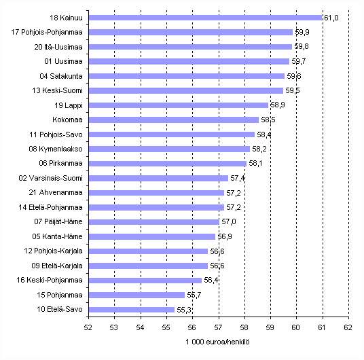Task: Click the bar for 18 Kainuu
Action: (x=205, y=18)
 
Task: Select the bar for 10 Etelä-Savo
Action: (x=131, y=310)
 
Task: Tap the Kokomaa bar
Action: (x=173, y=120)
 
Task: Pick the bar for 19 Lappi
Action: (x=179, y=105)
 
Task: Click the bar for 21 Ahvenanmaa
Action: (x=157, y=193)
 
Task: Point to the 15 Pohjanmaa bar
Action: (x=136, y=295)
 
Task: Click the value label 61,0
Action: (x=330, y=18)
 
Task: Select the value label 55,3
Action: (x=183, y=310)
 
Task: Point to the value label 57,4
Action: (x=238, y=179)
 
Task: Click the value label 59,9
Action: (x=302, y=33)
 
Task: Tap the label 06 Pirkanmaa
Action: (x=63, y=164)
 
